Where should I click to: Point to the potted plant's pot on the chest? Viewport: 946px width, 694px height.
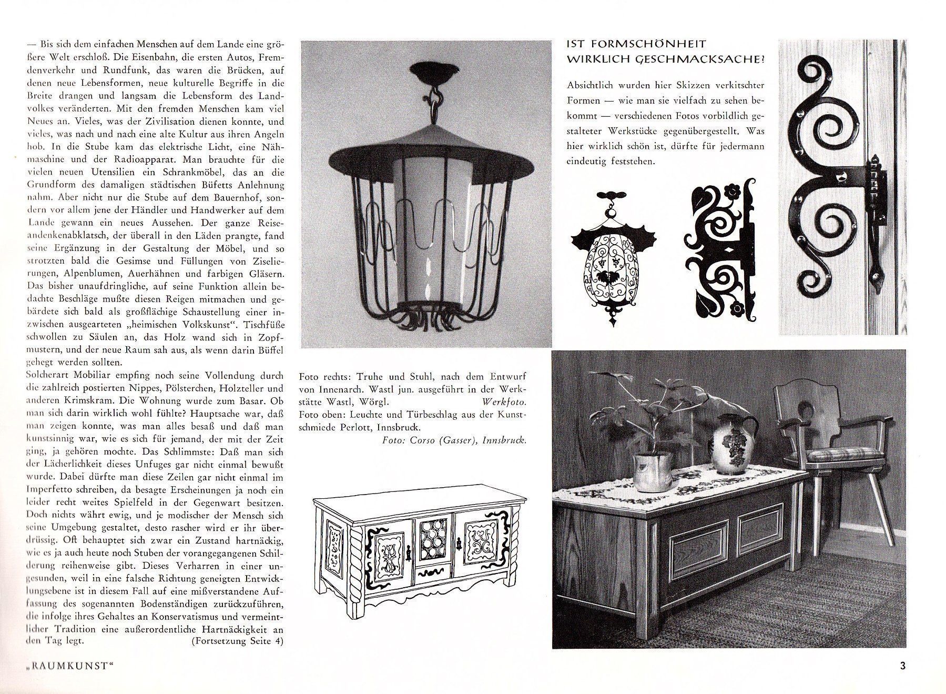[653, 471]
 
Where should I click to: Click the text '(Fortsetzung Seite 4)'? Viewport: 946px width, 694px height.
[238, 641]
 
